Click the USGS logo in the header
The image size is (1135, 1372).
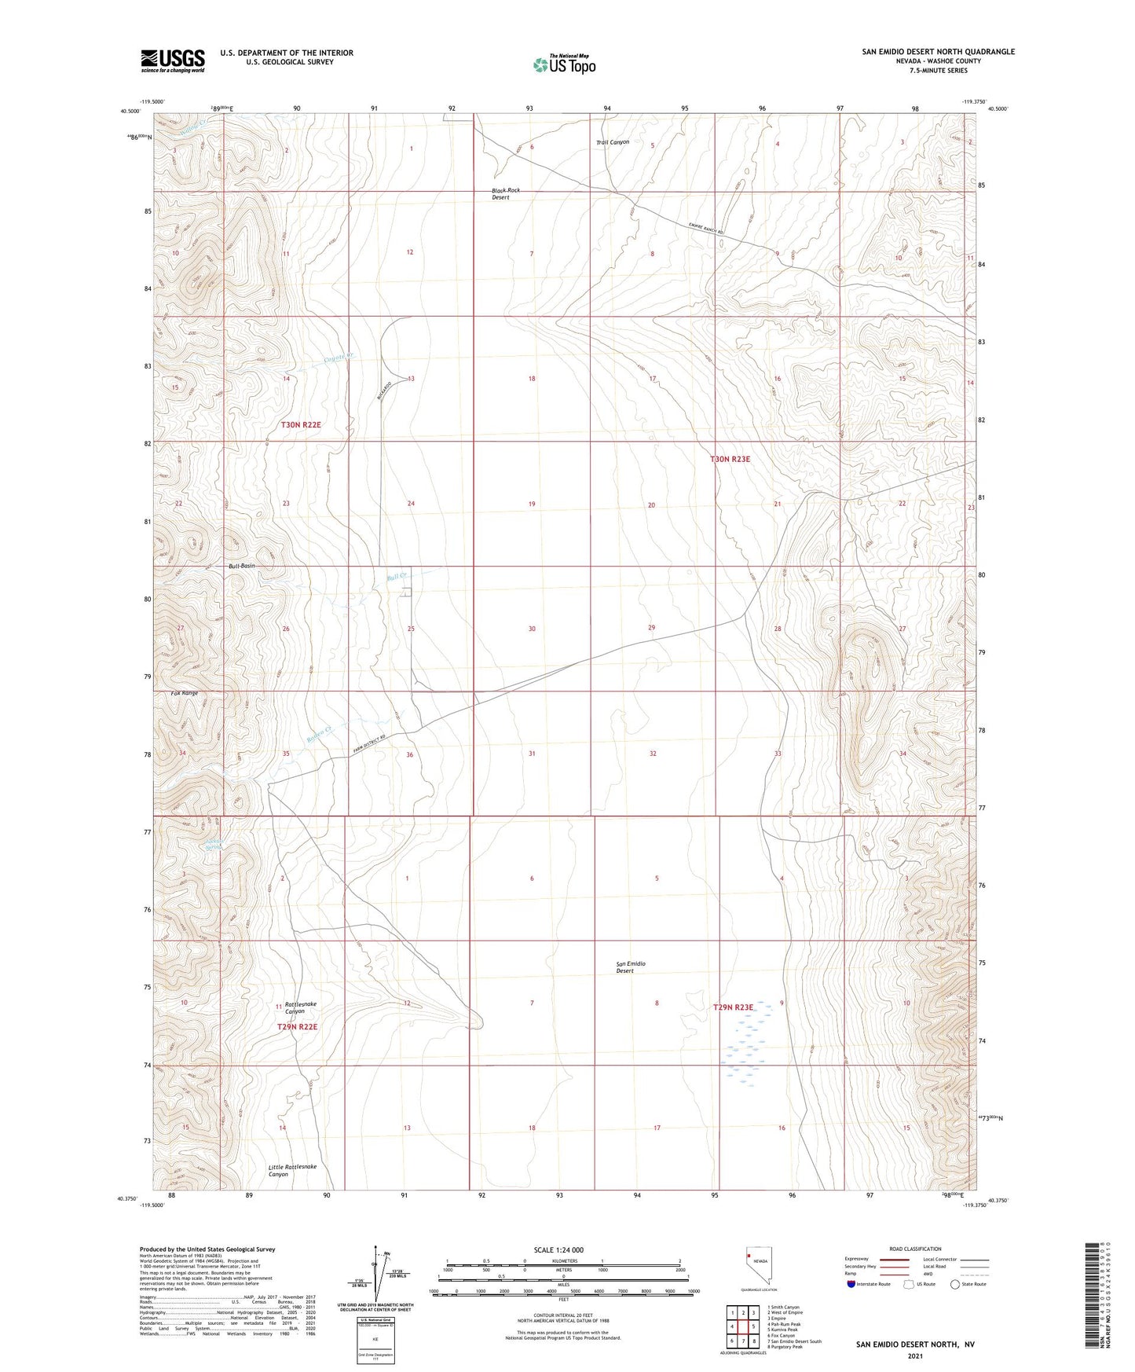[173, 60]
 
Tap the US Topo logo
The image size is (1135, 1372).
[564, 64]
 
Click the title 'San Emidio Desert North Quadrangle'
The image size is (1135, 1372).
[938, 52]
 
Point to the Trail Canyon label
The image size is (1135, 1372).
[612, 143]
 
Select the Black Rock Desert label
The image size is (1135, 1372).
[505, 194]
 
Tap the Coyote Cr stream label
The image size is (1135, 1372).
[340, 358]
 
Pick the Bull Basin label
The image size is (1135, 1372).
[241, 566]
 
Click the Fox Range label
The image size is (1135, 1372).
[185, 693]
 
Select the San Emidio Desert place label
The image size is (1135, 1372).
[630, 967]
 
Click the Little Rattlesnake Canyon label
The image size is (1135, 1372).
[292, 1170]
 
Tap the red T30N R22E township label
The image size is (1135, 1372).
[301, 424]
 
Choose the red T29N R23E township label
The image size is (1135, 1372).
[733, 1007]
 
